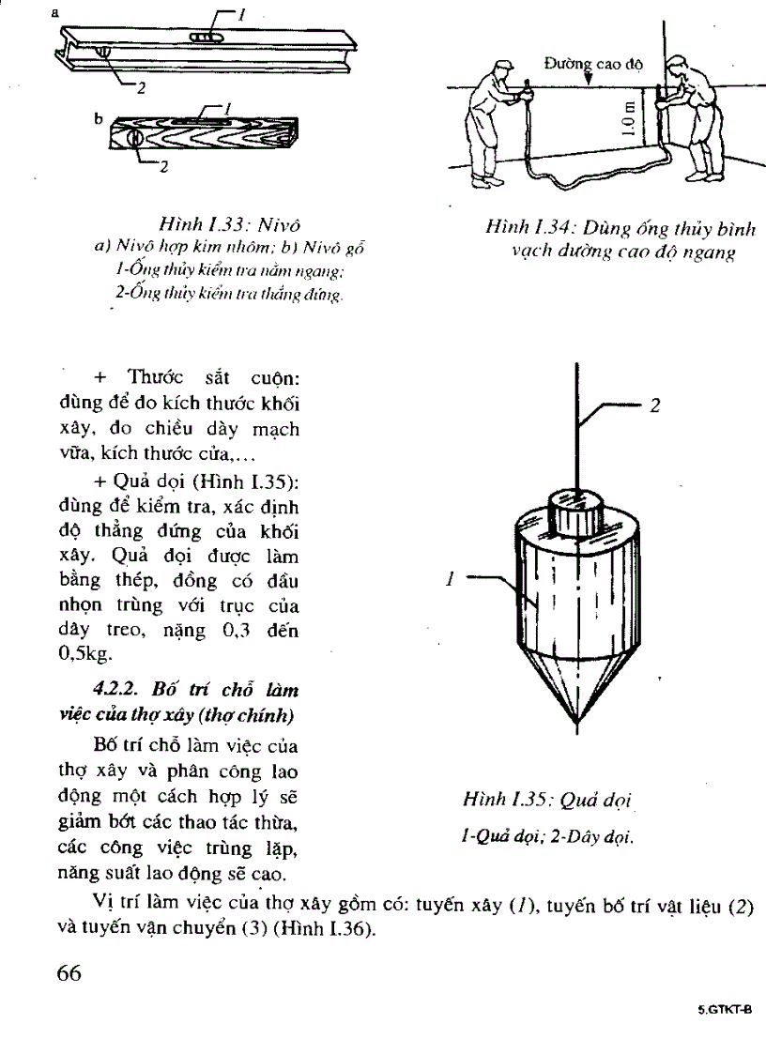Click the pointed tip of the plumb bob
tap(577, 723)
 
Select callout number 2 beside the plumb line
tap(655, 405)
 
